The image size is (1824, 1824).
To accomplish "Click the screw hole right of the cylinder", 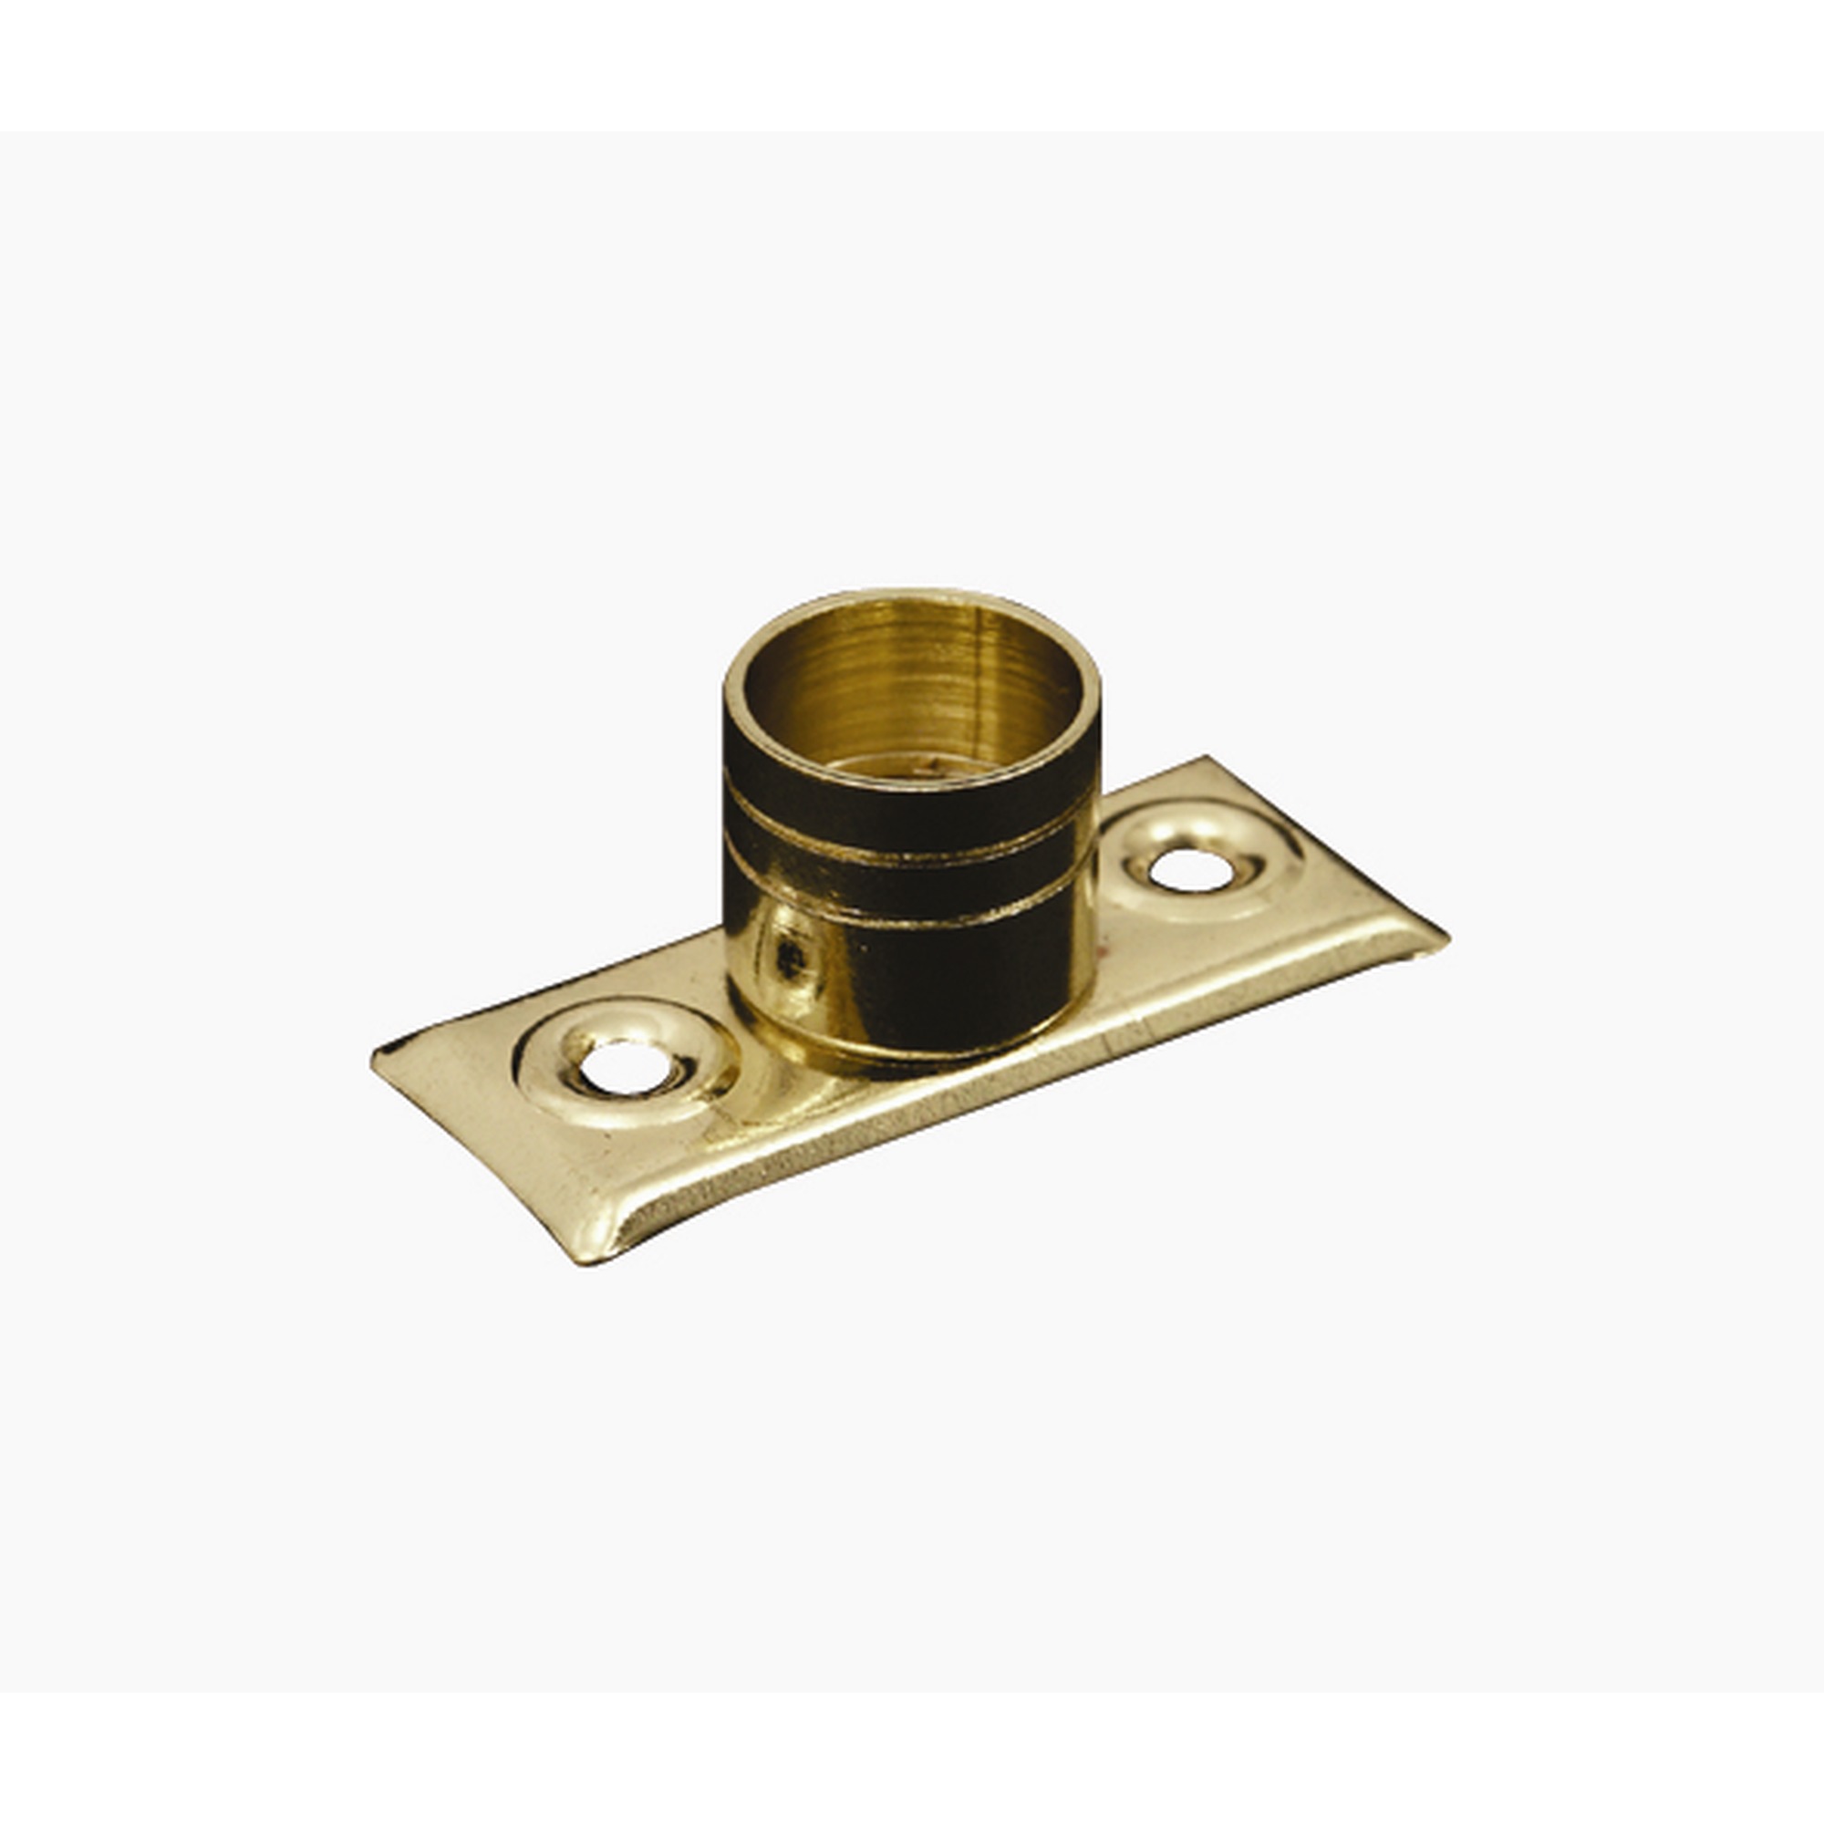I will point(1191,868).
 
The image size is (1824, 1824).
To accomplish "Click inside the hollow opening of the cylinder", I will point(911,699).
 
